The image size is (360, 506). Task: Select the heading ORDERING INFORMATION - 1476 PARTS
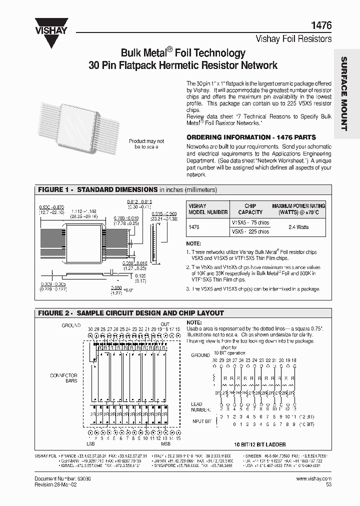[250, 137]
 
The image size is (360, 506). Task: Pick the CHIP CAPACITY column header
[250, 209]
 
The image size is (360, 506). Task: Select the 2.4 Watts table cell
[298, 227]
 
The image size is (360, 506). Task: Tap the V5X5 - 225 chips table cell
[250, 232]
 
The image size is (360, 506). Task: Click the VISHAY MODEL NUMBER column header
[203, 209]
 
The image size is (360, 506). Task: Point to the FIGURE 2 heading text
[131, 313]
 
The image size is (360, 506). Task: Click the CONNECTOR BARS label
[63, 378]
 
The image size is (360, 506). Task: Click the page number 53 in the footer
[328, 484]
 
